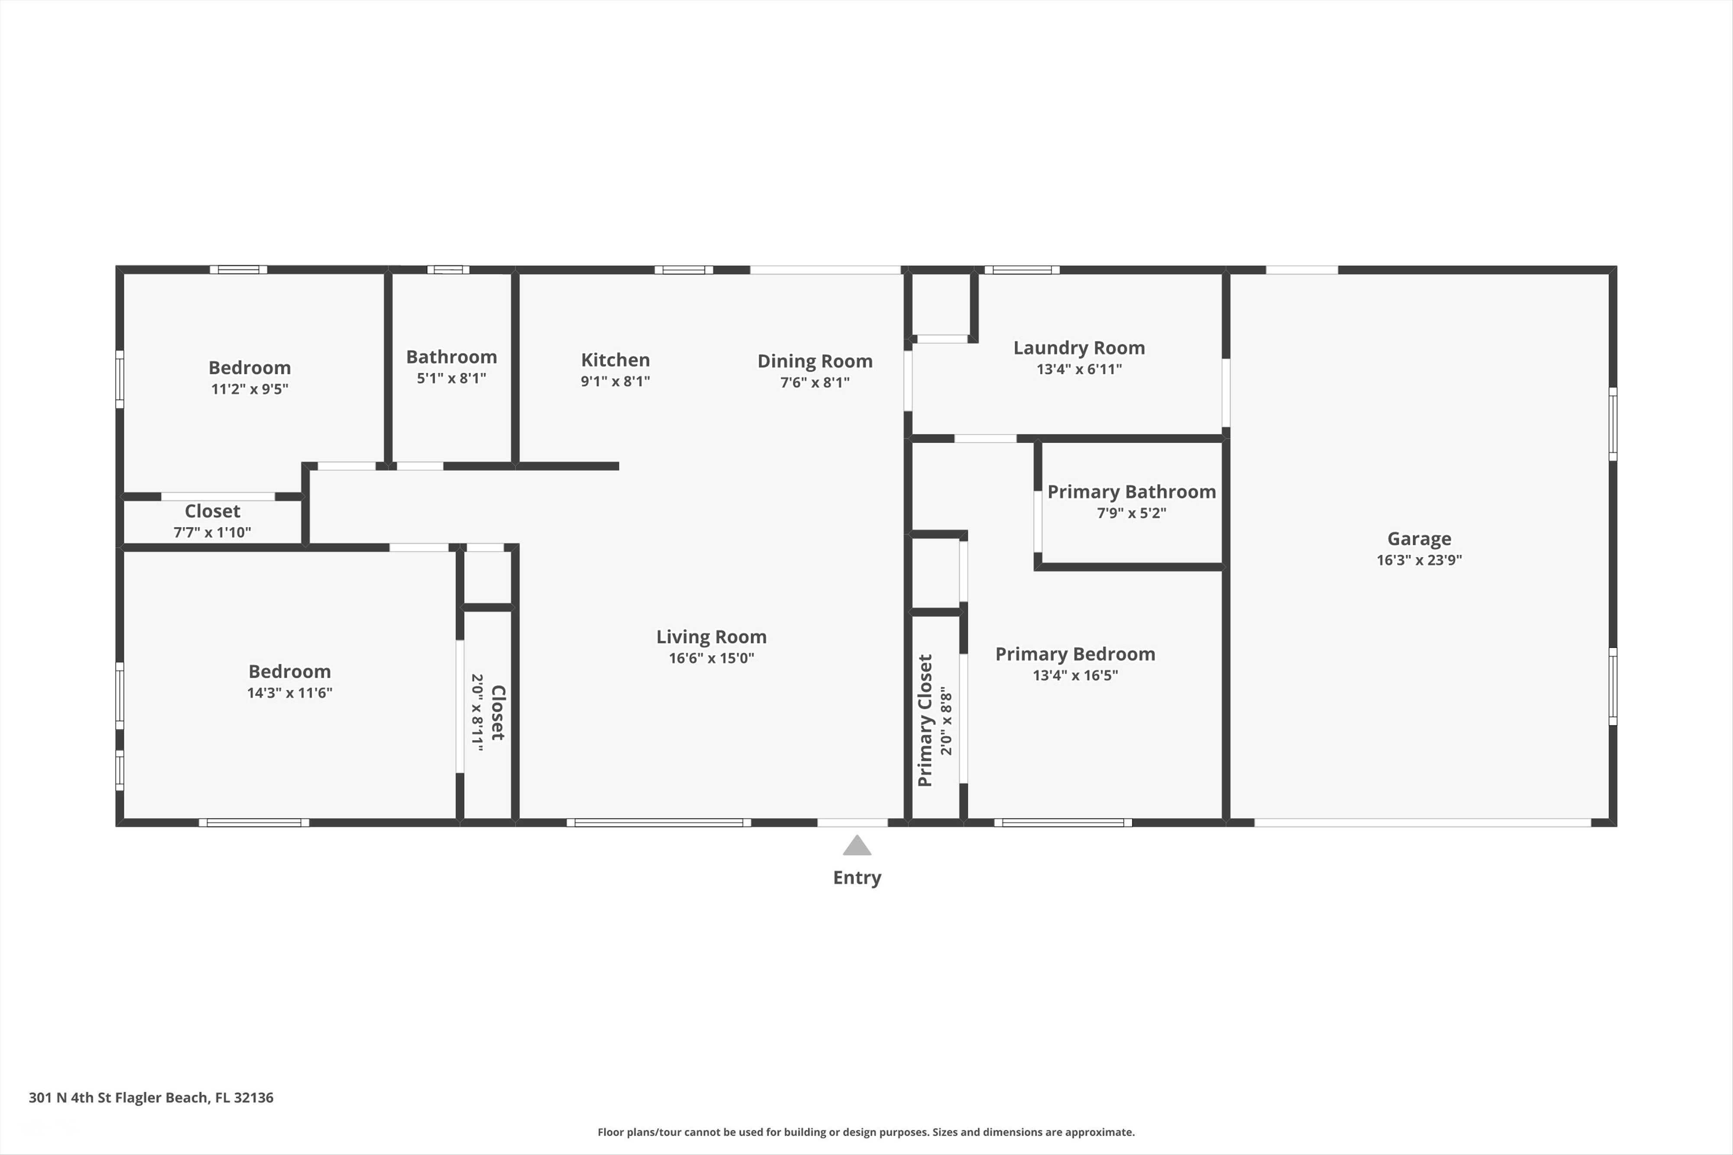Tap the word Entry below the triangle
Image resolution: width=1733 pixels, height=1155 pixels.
(857, 878)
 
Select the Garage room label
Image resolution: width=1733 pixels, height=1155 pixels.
(1419, 539)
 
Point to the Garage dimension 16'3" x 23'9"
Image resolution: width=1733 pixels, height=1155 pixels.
(1419, 560)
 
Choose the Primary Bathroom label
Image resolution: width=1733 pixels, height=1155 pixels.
(1132, 492)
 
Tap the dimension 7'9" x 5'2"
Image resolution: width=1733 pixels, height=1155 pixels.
(1132, 513)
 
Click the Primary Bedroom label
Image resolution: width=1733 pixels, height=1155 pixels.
(1075, 654)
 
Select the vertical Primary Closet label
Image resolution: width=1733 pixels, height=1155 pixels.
(925, 720)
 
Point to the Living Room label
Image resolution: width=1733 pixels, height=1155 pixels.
(711, 637)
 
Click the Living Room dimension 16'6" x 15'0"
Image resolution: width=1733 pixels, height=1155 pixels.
(711, 658)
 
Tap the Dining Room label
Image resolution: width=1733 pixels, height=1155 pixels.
(815, 361)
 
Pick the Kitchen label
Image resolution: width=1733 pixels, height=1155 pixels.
(615, 360)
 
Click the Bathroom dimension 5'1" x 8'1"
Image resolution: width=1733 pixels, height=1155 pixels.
(452, 378)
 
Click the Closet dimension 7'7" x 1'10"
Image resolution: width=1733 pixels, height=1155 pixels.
(212, 532)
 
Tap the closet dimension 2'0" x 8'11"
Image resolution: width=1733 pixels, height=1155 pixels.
(477, 712)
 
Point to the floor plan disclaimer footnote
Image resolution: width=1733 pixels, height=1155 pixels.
(866, 1132)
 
